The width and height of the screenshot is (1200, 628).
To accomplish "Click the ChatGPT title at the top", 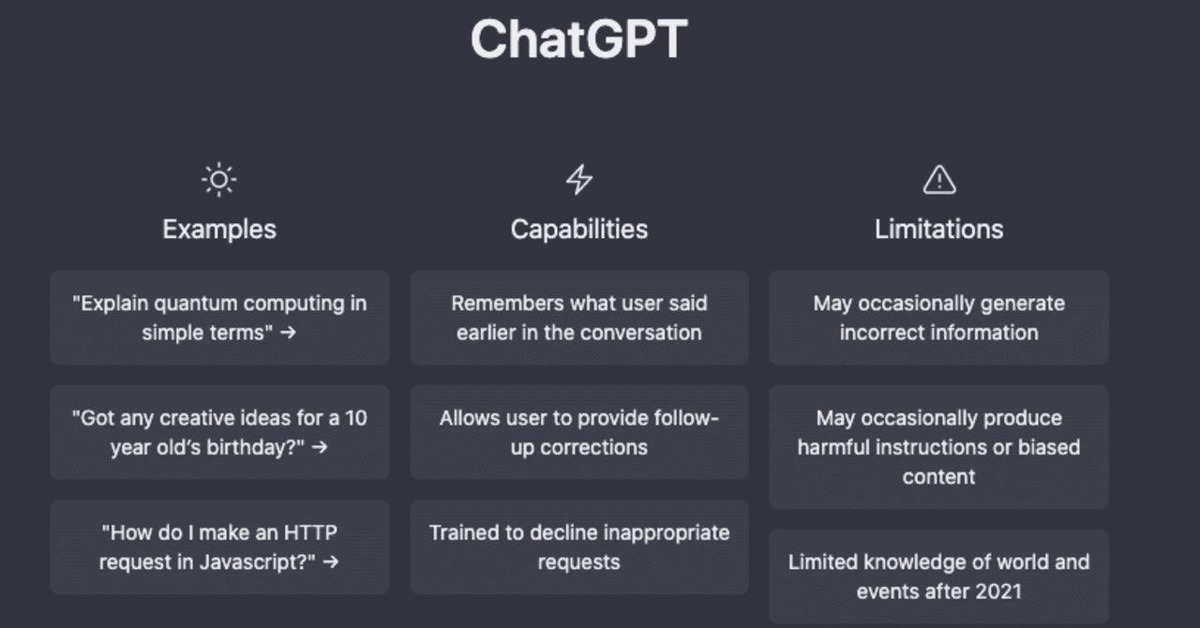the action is (579, 38).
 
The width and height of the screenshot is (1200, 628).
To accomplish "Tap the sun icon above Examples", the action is (218, 180).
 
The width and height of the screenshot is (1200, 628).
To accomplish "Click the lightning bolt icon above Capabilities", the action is (579, 180).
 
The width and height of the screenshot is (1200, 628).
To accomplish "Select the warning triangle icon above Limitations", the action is (939, 180).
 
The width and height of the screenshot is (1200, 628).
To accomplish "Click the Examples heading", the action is (219, 230).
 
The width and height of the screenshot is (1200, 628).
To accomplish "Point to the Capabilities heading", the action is (579, 230).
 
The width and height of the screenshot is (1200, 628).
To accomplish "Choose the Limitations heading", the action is (939, 230).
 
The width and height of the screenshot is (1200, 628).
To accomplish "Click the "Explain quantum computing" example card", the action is (219, 318).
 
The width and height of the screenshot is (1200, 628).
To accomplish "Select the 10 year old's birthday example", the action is (219, 432).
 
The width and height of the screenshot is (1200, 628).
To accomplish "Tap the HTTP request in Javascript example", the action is (219, 547).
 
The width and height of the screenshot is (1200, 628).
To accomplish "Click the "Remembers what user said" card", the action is (579, 318).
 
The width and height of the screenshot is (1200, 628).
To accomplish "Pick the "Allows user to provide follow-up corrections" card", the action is (579, 432).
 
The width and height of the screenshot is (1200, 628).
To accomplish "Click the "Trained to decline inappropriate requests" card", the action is (579, 547).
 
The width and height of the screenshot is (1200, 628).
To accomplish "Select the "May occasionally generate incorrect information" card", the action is (938, 318).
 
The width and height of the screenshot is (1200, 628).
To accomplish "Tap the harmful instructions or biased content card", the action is (938, 447).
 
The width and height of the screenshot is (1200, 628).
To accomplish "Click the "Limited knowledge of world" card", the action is (938, 576).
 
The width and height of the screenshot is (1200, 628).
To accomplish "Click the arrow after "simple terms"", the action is (288, 333).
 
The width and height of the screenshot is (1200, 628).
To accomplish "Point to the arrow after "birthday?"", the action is (320, 447).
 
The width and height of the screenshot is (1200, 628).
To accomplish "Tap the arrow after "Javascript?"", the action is (331, 562).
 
